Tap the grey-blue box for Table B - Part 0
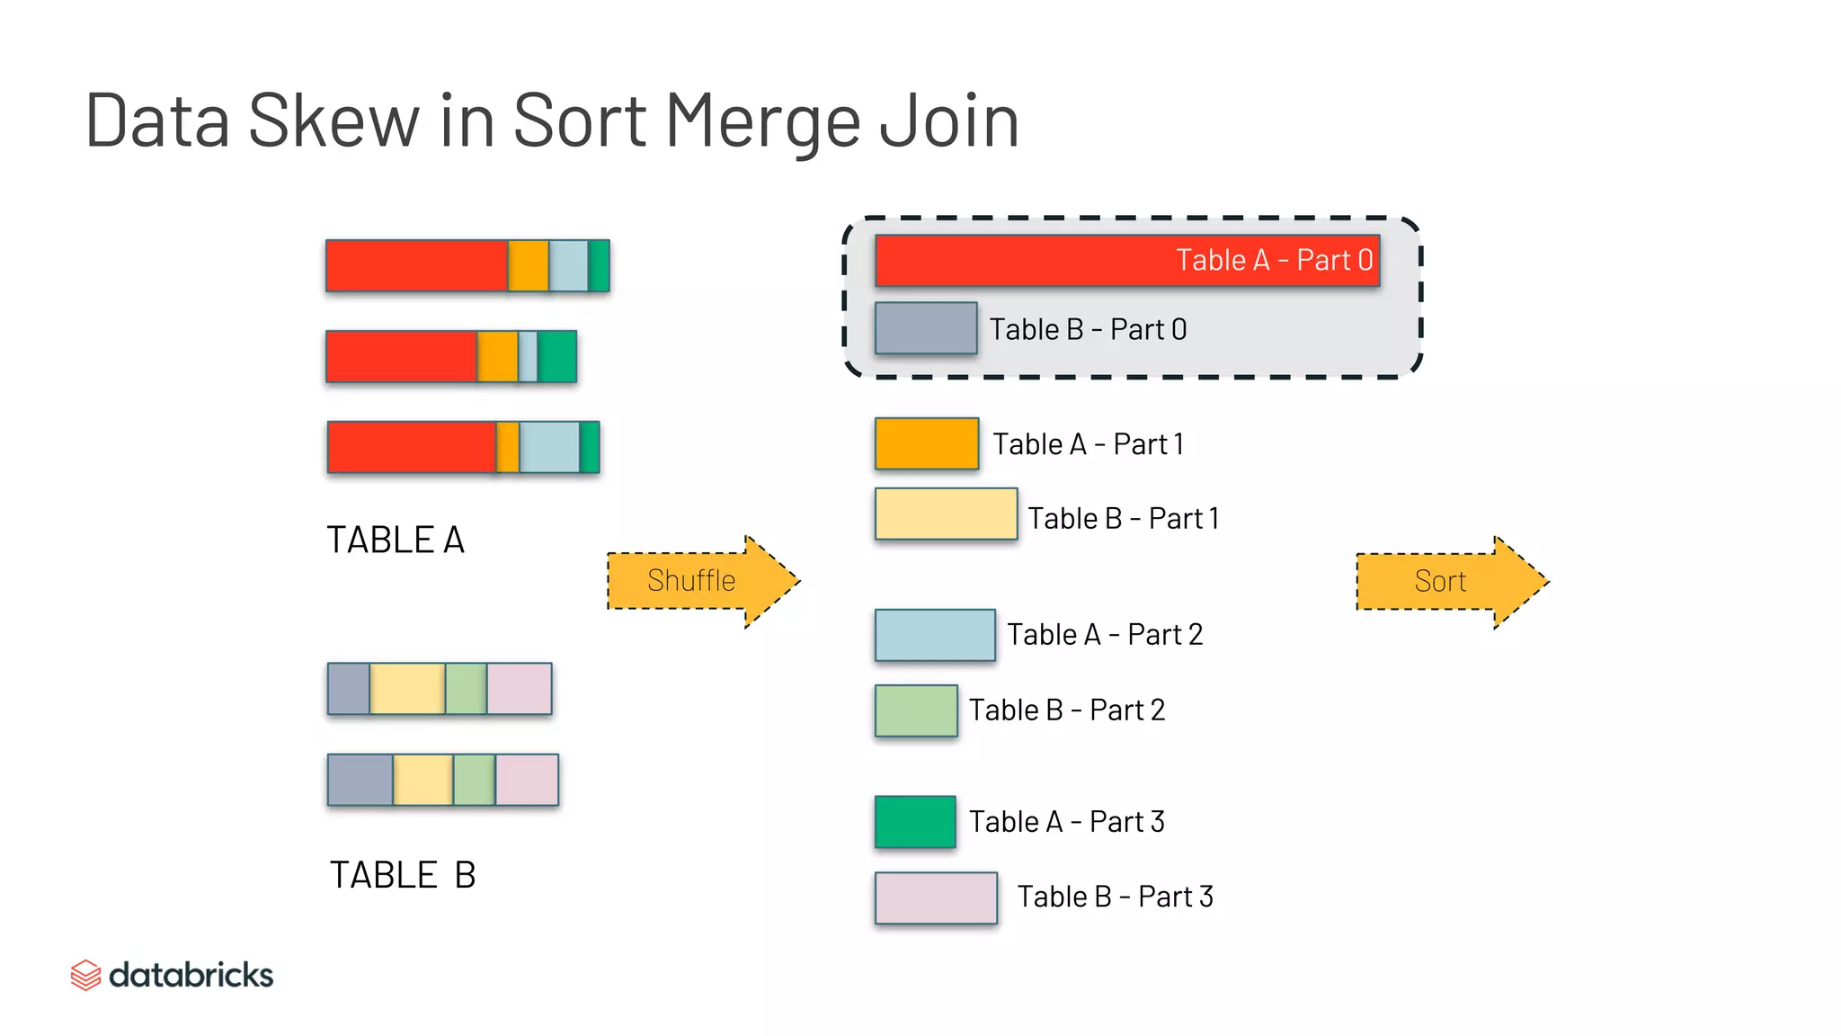coord(926,328)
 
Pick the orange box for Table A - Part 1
coord(927,443)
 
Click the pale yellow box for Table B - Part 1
coord(946,514)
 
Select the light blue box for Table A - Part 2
coord(935,635)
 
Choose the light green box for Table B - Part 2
coord(916,710)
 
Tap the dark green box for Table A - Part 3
coord(915,822)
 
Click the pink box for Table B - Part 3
coord(936,898)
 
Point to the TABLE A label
coord(396,540)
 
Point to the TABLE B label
coord(402,875)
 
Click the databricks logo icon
coord(85,975)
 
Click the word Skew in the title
coord(333,121)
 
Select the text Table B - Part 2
coord(1066,710)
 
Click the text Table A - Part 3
coord(1066,822)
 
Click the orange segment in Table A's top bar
coord(529,266)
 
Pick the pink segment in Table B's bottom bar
coord(527,780)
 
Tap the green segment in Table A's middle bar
coord(557,357)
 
